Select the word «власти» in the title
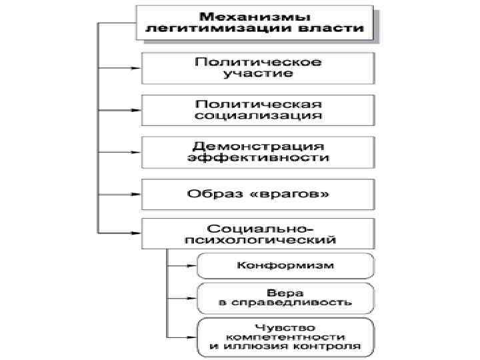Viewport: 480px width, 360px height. point(341,29)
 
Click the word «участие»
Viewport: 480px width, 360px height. point(258,73)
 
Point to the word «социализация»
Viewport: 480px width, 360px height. point(258,115)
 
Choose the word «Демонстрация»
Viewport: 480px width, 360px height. point(258,145)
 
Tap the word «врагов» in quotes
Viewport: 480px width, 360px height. point(292,194)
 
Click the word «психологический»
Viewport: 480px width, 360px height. point(258,237)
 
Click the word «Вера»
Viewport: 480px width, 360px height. point(285,293)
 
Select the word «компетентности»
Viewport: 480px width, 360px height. point(285,337)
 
